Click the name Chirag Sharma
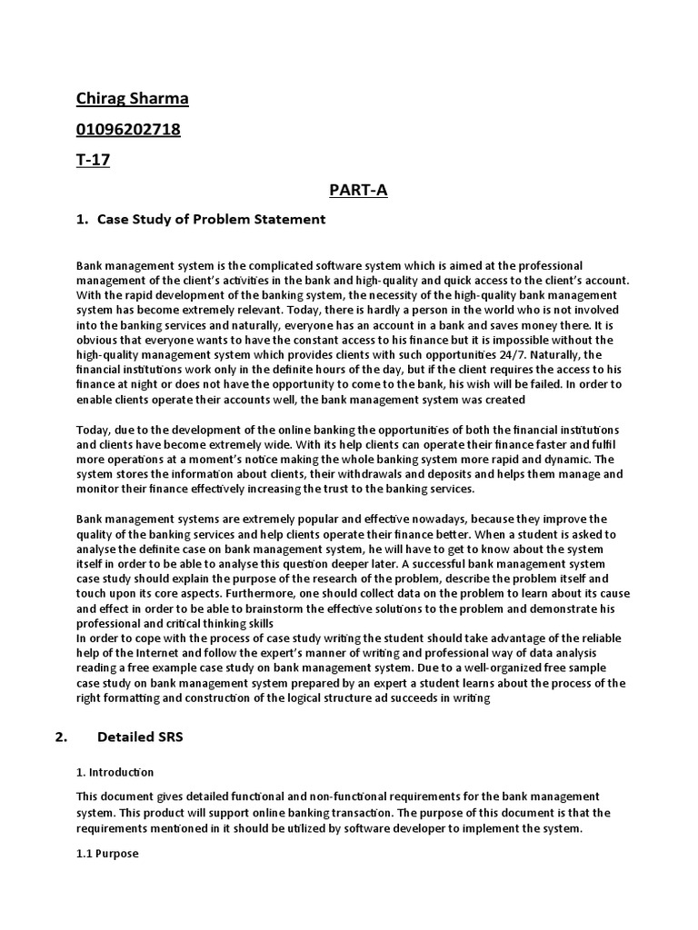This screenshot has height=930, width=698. (x=132, y=99)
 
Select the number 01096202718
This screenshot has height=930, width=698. (x=128, y=130)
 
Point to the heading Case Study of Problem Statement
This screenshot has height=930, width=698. (x=211, y=220)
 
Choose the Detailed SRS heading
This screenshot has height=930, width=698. (x=140, y=737)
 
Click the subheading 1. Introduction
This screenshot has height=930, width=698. (x=115, y=772)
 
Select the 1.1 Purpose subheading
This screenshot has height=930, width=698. (x=107, y=854)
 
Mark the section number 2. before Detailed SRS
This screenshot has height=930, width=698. (x=62, y=737)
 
